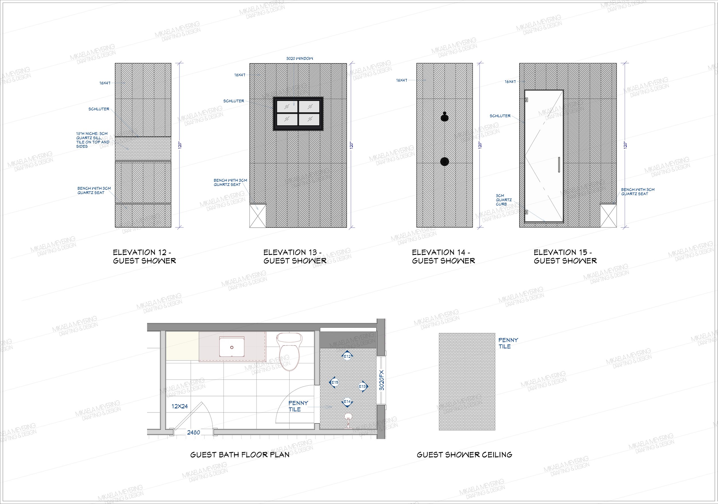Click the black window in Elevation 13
[x=298, y=113]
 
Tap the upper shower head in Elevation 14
[x=444, y=117]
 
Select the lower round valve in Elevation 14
[x=444, y=162]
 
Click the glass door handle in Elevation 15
[x=559, y=165]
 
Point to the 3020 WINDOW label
[x=300, y=59]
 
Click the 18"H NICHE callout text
[x=93, y=140]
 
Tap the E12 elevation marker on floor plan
[x=348, y=356]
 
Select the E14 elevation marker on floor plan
[x=347, y=402]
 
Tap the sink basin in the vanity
[x=232, y=347]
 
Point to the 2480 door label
[x=194, y=433]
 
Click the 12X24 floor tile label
[x=179, y=406]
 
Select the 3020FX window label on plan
[x=381, y=380]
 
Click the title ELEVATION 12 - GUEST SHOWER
[x=144, y=257]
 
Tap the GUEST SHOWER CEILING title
[x=464, y=455]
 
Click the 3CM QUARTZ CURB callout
[x=503, y=200]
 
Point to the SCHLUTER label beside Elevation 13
[x=233, y=101]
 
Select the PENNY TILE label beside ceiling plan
[x=508, y=343]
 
